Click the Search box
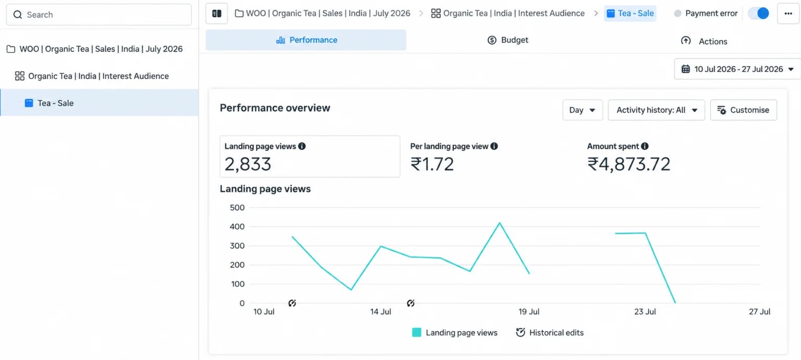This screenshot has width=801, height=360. tap(99, 15)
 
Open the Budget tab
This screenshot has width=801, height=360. tap(507, 40)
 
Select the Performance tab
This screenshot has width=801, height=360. tap(306, 40)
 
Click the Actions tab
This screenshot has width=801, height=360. tap(703, 41)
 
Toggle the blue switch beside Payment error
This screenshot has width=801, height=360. tap(758, 14)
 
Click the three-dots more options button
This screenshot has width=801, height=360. tap(788, 14)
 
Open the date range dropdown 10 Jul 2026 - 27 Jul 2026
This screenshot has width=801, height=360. tap(737, 69)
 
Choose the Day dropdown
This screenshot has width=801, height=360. tap(582, 110)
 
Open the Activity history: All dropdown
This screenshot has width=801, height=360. tap(656, 110)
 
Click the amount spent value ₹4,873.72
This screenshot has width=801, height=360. tap(628, 164)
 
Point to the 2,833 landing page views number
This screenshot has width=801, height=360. tap(248, 164)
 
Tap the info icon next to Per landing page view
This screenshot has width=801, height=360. tap(494, 146)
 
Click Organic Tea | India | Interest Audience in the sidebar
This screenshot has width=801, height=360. tap(99, 76)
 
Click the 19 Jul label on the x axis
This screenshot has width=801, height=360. tap(529, 311)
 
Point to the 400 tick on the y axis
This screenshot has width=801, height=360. tap(237, 226)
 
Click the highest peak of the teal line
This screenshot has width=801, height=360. tap(500, 223)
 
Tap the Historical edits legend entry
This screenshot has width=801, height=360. tap(550, 333)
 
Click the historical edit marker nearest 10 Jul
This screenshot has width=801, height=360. tap(292, 303)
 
